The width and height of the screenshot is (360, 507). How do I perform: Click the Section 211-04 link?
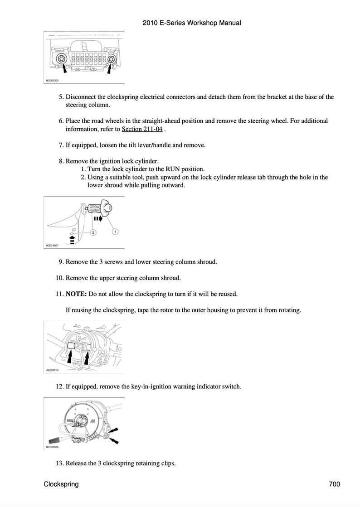(x=142, y=129)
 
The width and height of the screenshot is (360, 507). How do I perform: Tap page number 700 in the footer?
(x=334, y=484)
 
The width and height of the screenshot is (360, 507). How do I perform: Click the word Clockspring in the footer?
(x=61, y=484)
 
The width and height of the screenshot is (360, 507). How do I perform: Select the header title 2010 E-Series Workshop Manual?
(x=192, y=23)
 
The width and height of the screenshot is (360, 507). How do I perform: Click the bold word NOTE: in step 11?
(x=76, y=294)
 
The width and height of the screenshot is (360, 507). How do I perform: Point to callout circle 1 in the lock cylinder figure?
(x=115, y=232)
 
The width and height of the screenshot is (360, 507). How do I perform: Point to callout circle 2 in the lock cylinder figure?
(x=92, y=232)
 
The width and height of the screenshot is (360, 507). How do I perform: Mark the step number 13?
(x=59, y=463)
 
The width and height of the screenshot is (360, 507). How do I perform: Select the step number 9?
(x=61, y=262)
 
